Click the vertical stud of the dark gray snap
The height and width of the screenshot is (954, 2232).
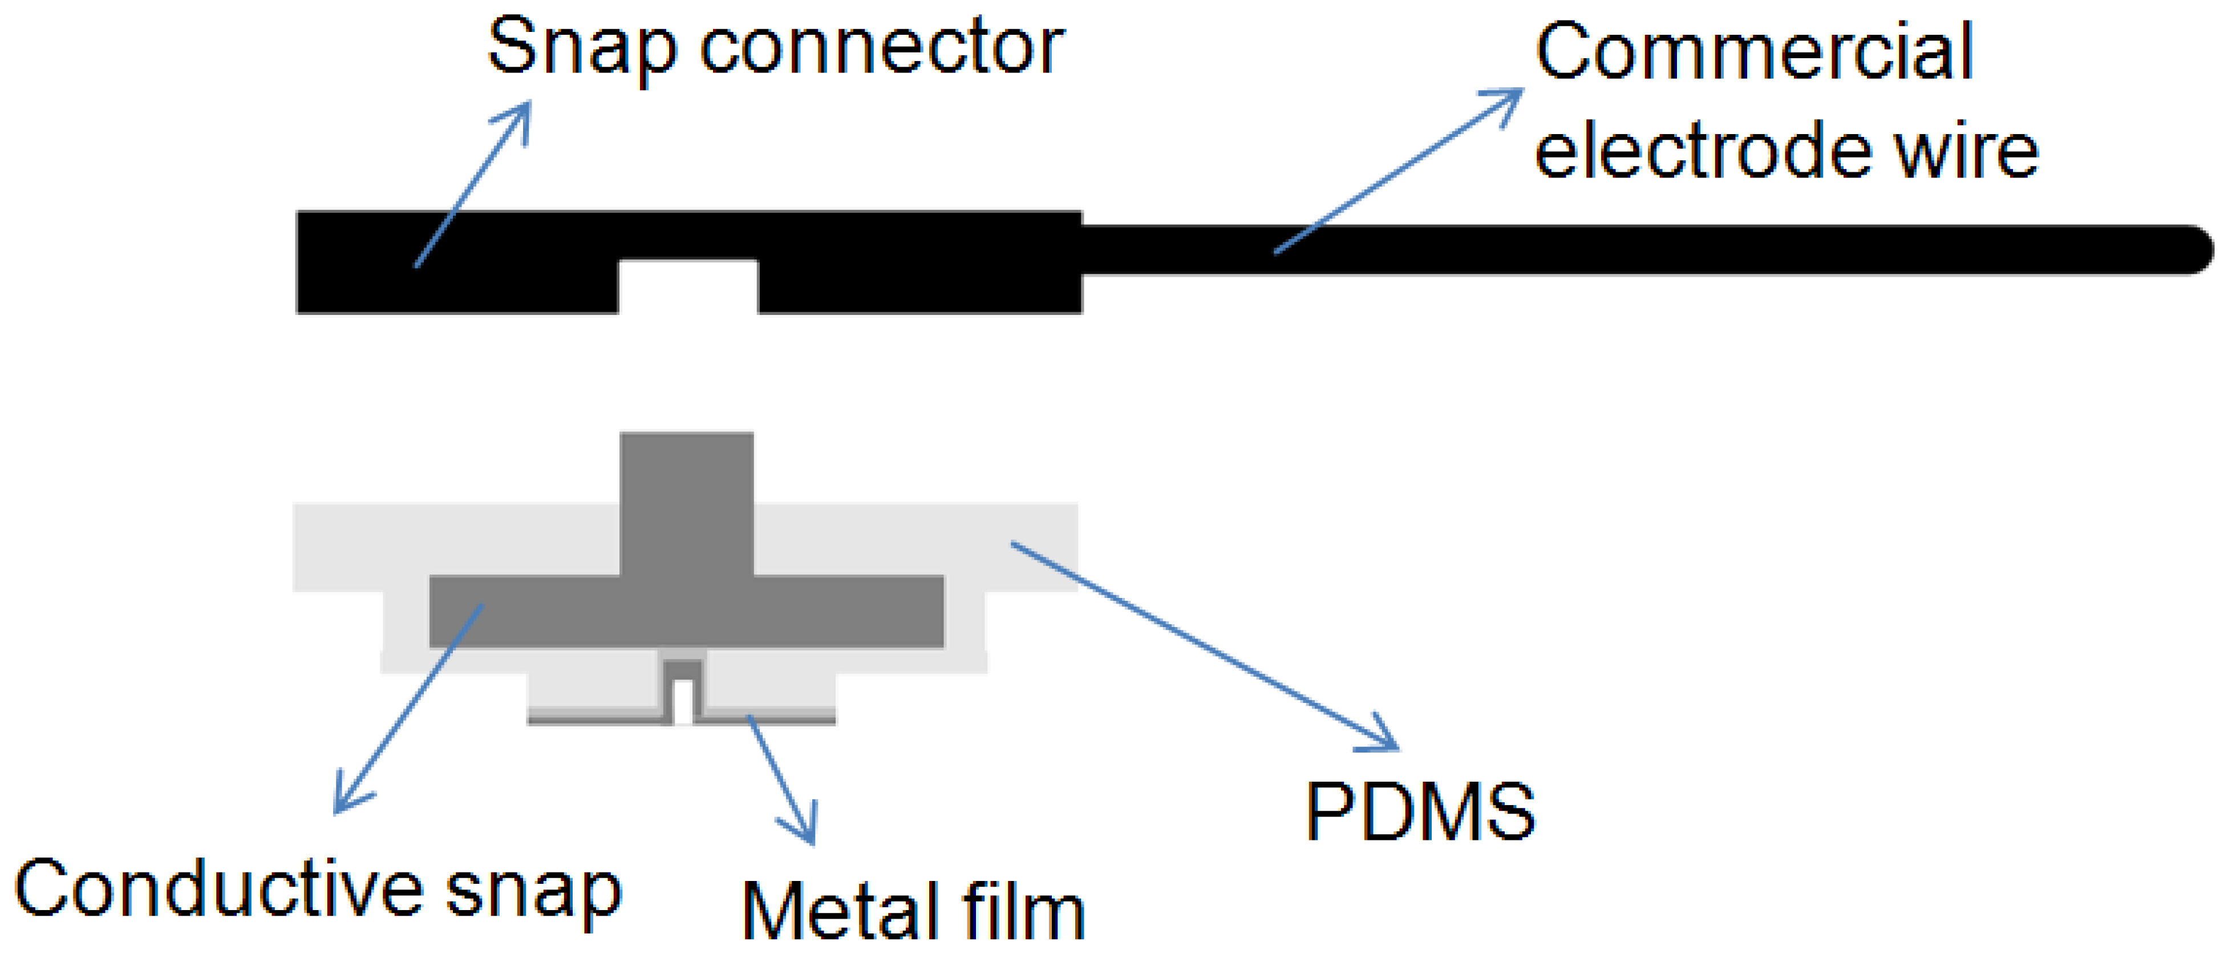coord(686,503)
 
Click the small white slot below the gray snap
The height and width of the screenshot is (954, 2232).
coord(683,702)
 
